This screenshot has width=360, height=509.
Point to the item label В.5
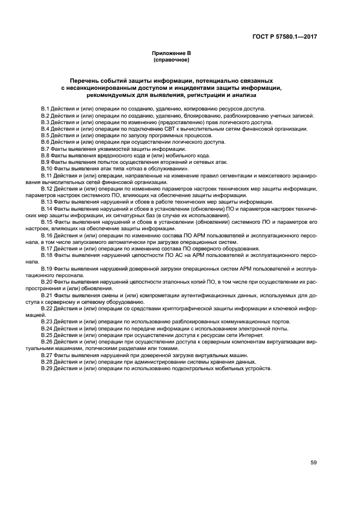(x=45, y=135)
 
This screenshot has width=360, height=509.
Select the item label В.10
(x=47, y=168)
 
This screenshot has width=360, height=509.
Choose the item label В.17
(x=47, y=248)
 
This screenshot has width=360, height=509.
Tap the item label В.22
(x=47, y=308)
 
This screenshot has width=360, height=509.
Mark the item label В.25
(x=47, y=335)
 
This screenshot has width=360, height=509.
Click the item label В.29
(x=47, y=369)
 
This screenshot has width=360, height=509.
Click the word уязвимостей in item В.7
(x=97, y=149)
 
